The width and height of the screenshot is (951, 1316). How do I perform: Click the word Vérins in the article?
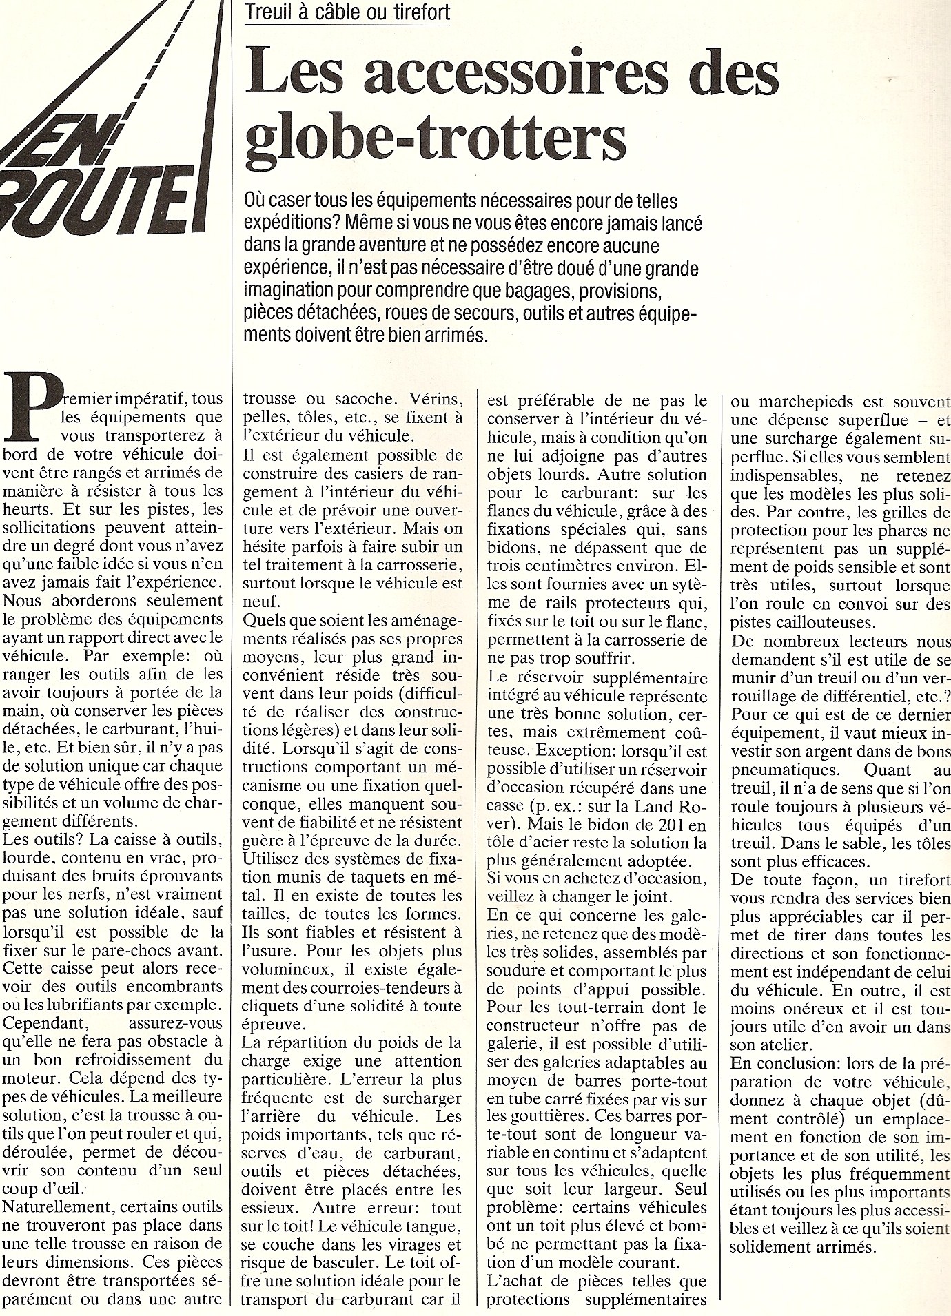click(413, 399)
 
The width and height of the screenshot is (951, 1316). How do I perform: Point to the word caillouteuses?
click(794, 623)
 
